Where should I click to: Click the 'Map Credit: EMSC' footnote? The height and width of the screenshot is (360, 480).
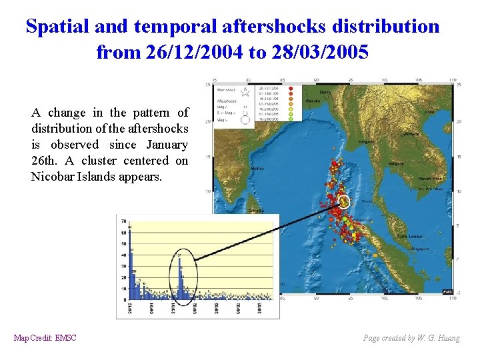click(x=45, y=338)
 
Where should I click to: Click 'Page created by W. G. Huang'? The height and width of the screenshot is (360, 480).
click(x=411, y=338)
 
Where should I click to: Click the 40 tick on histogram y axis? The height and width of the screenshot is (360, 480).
click(x=123, y=255)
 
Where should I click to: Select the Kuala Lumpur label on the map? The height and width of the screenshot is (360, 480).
click(x=407, y=236)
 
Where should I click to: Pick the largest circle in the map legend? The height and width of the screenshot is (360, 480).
click(x=245, y=120)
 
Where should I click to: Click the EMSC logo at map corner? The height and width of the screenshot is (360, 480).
click(x=448, y=291)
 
